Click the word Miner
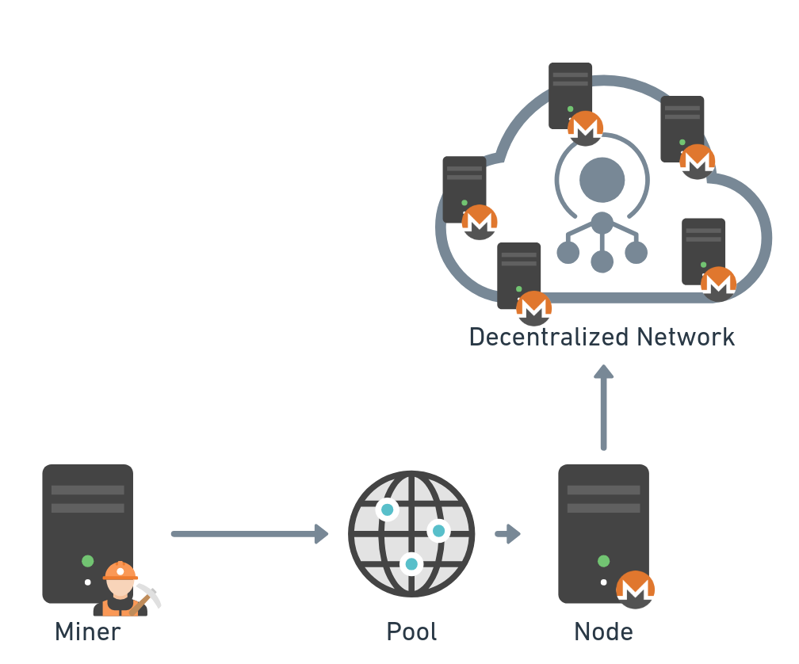click(x=87, y=632)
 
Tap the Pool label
click(x=411, y=632)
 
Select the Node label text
click(x=603, y=632)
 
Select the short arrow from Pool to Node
click(x=507, y=534)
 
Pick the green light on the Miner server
click(x=88, y=561)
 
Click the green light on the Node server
click(x=603, y=561)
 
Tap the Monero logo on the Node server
click(x=636, y=590)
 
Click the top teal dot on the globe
click(x=387, y=509)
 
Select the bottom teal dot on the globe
click(x=411, y=563)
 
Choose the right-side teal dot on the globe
click(x=438, y=530)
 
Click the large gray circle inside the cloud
click(x=602, y=179)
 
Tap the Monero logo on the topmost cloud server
click(x=586, y=128)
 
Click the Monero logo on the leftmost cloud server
click(x=480, y=222)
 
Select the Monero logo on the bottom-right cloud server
click(x=719, y=284)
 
